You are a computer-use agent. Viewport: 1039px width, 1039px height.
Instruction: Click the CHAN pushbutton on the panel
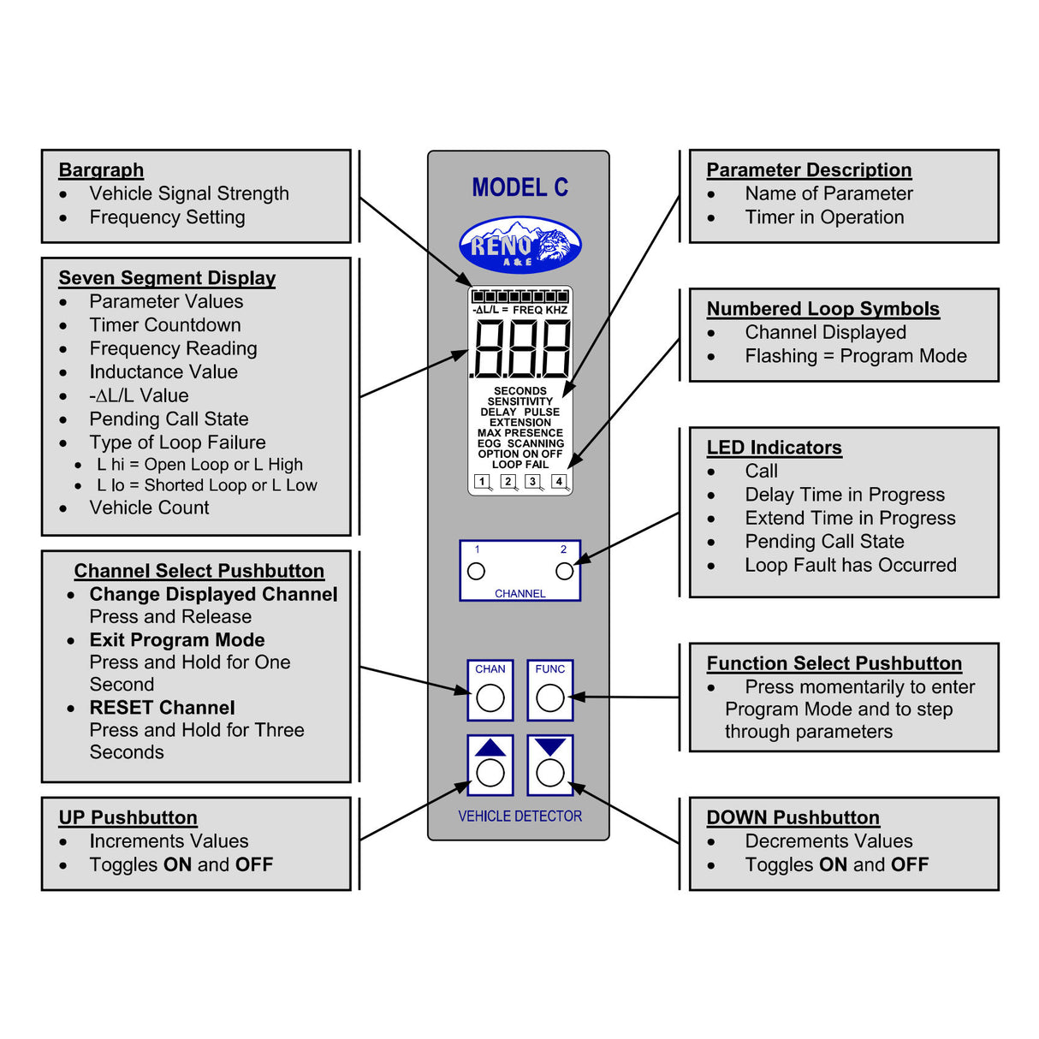490,691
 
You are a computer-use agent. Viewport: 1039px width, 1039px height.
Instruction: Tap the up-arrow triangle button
490,764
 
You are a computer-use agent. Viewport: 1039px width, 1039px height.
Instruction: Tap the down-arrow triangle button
550,764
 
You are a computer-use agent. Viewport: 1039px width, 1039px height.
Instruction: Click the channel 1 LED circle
477,571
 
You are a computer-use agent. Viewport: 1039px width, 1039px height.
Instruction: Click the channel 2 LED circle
564,571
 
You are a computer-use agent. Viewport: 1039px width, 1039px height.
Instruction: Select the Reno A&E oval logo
520,245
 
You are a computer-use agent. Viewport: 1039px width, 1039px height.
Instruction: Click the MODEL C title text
520,187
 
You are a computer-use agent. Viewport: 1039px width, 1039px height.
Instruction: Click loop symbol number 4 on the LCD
559,482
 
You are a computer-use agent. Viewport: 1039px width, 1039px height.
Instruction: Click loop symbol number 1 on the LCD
483,482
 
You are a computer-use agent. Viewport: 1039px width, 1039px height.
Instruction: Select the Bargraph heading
101,170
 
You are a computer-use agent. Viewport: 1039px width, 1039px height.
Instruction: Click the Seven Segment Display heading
167,278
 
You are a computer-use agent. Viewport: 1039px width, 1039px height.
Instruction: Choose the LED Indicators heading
774,448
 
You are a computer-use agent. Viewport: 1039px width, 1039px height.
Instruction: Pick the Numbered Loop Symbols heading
822,309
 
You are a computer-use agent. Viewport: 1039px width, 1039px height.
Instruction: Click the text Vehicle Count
149,508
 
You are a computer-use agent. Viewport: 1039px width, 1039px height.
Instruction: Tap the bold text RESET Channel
162,708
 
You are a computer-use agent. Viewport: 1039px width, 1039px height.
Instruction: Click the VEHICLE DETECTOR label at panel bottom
519,816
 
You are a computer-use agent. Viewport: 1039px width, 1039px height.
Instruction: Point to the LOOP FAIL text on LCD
520,465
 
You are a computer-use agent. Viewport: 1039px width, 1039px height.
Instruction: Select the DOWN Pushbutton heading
793,817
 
